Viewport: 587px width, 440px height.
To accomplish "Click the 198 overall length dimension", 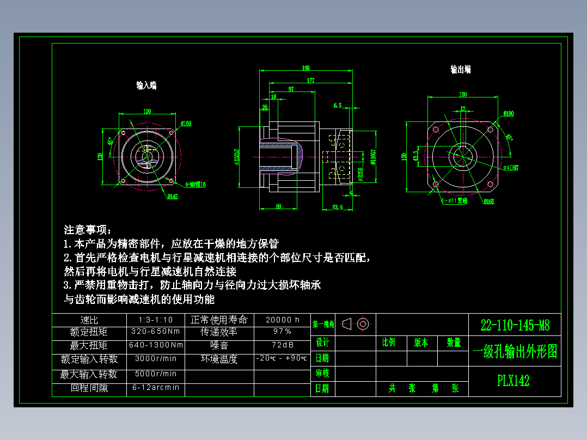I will tap(305, 68).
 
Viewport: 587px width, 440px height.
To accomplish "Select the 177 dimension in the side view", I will tap(310, 81).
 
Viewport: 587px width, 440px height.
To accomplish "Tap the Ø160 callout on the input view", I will tap(186, 124).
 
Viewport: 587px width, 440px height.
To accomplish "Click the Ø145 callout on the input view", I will tap(173, 196).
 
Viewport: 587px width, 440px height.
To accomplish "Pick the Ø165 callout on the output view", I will tap(488, 201).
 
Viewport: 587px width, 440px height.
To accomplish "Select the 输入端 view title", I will tap(146, 85).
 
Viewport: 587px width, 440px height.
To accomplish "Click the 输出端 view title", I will tap(460, 69).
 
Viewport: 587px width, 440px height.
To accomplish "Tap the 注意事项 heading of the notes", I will tap(87, 229).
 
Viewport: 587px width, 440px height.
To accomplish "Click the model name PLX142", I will tap(513, 381).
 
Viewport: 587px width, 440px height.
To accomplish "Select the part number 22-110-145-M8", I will tap(515, 326).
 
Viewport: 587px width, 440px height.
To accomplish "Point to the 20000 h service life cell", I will tap(282, 320).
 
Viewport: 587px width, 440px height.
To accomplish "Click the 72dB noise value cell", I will tap(282, 345).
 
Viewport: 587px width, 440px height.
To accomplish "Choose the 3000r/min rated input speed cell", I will tap(155, 359).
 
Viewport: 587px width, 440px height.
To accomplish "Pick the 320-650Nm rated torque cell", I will tap(155, 331).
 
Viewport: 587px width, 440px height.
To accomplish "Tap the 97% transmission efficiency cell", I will tap(282, 331).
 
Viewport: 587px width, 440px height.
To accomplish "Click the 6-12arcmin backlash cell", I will tap(155, 388).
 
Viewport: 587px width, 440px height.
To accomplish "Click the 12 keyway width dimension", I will tap(463, 109).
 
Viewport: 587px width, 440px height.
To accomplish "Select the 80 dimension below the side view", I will tap(278, 206).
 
